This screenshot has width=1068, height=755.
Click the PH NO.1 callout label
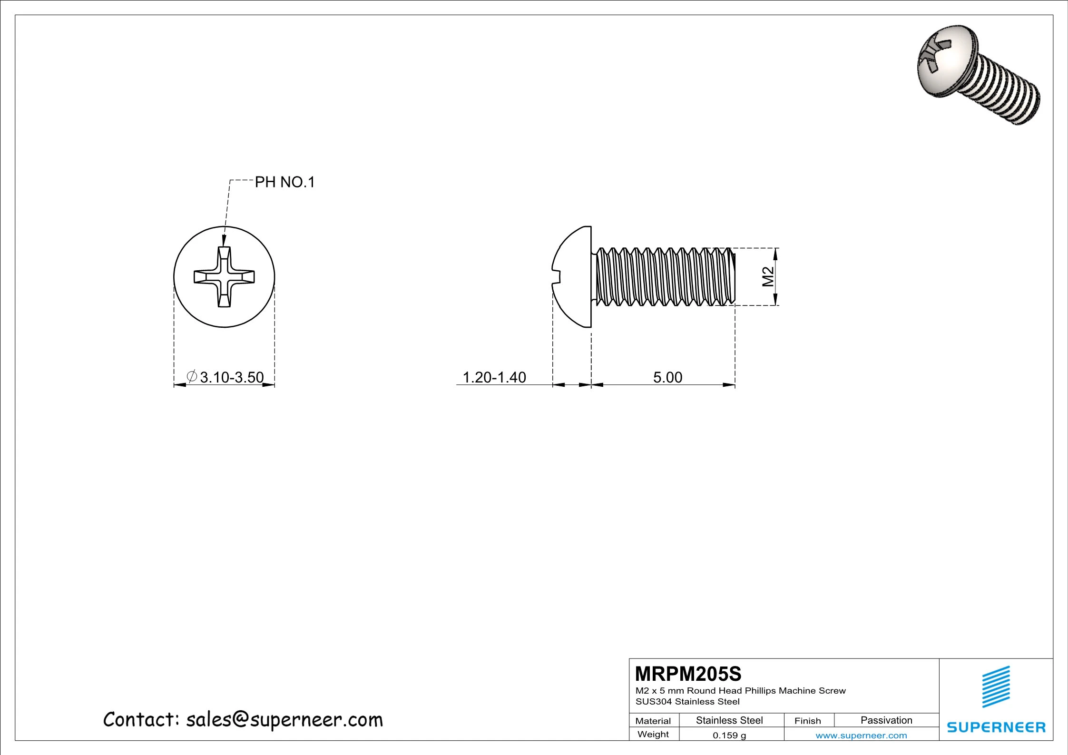(284, 182)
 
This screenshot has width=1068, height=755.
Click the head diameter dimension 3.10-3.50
(231, 377)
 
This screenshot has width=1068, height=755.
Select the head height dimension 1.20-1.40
(494, 377)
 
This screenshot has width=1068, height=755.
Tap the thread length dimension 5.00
(667, 377)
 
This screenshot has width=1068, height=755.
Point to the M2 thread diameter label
(768, 276)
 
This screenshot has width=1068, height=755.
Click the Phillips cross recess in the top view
(224, 277)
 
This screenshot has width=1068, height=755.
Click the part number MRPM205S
(688, 674)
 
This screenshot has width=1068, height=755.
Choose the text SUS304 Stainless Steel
(687, 702)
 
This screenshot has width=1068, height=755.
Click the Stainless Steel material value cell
(729, 720)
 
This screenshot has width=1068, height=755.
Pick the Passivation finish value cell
(886, 720)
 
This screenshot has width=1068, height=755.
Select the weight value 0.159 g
(729, 735)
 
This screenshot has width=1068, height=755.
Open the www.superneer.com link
(861, 735)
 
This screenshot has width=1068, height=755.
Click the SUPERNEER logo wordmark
(996, 727)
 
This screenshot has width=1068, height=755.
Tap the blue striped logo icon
(996, 686)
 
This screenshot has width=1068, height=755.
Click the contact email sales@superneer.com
(284, 720)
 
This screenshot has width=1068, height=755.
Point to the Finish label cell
(807, 721)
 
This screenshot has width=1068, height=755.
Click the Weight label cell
(653, 735)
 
